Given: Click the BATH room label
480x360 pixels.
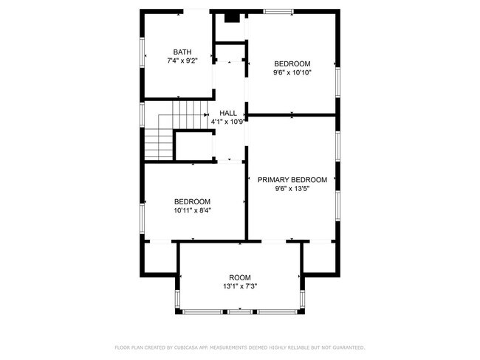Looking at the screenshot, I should coord(182,52).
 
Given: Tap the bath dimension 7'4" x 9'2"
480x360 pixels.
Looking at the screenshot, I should coord(182,60).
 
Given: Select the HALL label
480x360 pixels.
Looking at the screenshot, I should coord(228,113).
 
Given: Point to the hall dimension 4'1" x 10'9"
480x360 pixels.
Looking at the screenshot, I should coord(228,122).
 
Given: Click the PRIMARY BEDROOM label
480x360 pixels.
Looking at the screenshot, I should coord(292,179).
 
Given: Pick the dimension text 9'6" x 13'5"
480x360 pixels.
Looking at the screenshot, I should coord(292,188).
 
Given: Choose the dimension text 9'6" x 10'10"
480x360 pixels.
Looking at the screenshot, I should coord(292,72).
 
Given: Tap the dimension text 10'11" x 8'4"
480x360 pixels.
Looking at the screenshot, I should coord(192,210).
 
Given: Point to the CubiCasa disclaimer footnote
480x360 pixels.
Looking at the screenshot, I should coord(240,347).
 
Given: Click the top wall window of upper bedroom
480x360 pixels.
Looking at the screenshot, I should coord(278,11).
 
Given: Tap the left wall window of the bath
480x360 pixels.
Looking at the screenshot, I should coord(143,52).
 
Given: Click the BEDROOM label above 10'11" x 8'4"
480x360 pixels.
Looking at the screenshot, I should coord(192,201).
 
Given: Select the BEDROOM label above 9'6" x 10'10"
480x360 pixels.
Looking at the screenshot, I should coord(292,63).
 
